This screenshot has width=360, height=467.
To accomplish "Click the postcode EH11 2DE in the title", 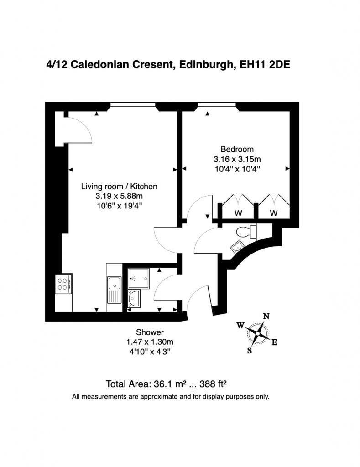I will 261,65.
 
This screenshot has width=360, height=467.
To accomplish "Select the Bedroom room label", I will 237,149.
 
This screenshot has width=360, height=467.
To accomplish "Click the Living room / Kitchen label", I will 119,186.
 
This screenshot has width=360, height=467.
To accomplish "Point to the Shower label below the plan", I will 150,332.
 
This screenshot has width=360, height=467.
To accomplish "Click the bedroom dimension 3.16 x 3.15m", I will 237,159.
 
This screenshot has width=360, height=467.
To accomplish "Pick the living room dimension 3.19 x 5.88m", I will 119,196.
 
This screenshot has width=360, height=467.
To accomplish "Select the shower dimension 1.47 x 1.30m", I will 150,342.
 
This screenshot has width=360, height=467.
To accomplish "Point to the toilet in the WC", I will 248,232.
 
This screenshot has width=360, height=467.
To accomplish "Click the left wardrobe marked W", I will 238,213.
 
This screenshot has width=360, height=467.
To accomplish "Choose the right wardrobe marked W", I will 273,213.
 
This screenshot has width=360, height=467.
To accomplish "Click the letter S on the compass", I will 250,350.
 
